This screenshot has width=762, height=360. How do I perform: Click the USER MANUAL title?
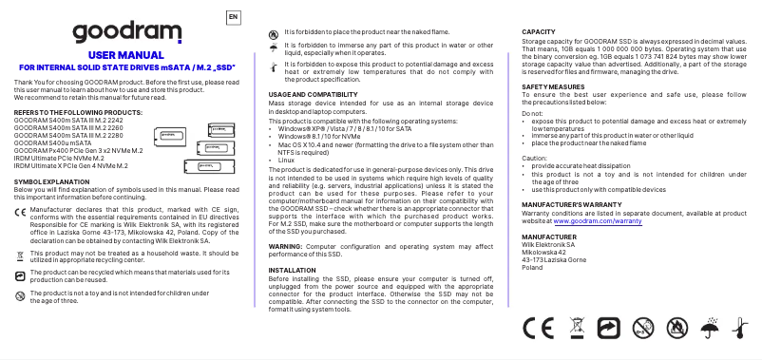pos(120,56)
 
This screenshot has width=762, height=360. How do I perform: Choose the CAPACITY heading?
pos(539,32)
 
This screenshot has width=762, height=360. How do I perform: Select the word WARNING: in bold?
pos(286,246)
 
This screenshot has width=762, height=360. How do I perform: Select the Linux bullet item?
pos(287,161)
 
